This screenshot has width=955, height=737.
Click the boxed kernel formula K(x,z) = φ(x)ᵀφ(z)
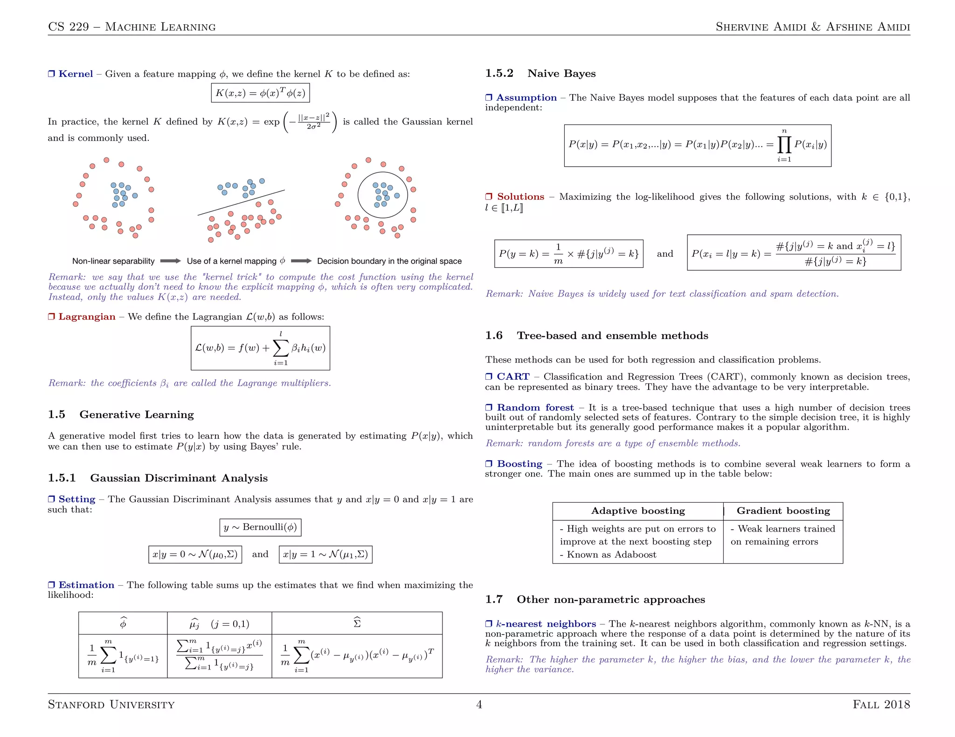click(x=260, y=93)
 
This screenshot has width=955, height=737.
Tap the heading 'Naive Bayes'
click(x=561, y=74)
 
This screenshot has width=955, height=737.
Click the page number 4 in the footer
click(x=479, y=704)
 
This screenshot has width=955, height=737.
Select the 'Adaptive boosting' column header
click(x=638, y=511)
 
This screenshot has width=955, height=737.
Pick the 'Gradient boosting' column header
click(x=783, y=511)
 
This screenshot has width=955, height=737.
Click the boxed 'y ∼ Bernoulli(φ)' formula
click(x=260, y=527)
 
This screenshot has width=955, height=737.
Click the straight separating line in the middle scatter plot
click(x=241, y=203)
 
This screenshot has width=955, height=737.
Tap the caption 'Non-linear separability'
click(x=113, y=261)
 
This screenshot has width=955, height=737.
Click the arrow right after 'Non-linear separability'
click(x=171, y=261)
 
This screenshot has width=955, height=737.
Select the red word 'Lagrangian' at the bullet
click(x=87, y=317)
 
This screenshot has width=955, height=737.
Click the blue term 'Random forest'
click(x=535, y=408)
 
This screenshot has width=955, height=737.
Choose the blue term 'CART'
click(x=513, y=376)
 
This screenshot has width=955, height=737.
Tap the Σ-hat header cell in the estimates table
click(x=357, y=623)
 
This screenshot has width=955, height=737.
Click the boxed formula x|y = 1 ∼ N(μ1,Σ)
click(x=325, y=554)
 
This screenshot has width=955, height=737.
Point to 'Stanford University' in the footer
click(x=111, y=704)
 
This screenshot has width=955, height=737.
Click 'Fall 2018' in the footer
click(x=881, y=704)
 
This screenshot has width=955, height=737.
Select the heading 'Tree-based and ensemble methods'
click(x=612, y=335)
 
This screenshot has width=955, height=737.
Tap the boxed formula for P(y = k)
click(x=568, y=254)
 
